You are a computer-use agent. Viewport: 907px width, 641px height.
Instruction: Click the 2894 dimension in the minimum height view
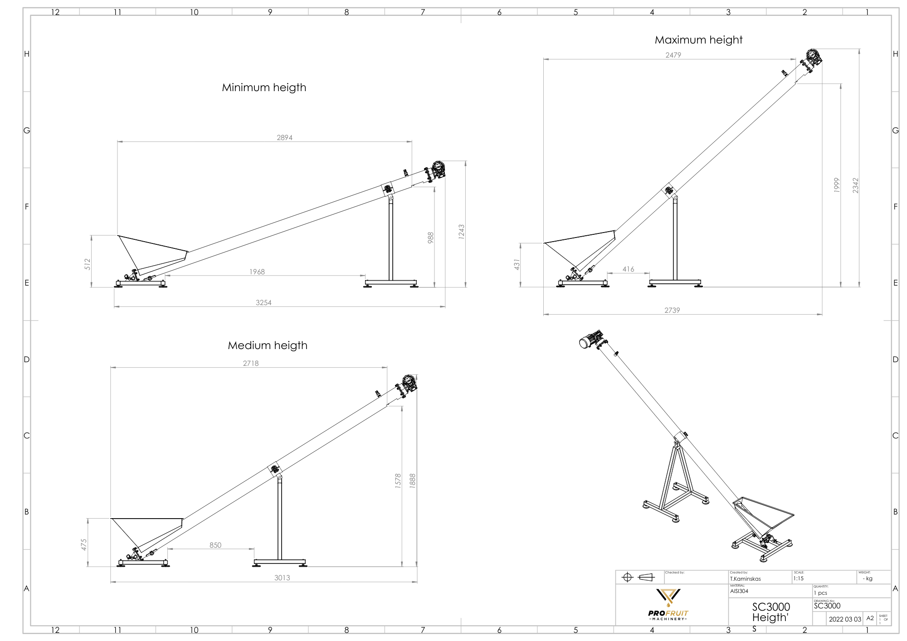[284, 137]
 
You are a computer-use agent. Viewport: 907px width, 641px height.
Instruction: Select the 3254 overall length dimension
[263, 302]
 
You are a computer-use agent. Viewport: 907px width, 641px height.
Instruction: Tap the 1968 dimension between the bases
[257, 272]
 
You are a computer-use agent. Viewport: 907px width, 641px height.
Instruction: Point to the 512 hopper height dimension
[88, 264]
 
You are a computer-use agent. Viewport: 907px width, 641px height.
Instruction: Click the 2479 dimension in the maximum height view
[673, 55]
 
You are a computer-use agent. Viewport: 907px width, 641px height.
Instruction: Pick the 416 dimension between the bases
[628, 269]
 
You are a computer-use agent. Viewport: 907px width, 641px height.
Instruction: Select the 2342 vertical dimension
[855, 185]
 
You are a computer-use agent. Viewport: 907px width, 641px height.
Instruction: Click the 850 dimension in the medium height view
[215, 545]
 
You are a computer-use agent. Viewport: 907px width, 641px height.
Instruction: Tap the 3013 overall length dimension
[282, 578]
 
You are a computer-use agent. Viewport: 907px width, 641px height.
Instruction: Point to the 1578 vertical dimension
[398, 481]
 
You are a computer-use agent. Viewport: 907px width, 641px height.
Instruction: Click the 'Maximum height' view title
[698, 40]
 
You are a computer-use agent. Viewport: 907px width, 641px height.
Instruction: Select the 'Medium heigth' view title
[268, 345]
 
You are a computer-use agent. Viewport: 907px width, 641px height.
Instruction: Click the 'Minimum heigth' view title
[264, 87]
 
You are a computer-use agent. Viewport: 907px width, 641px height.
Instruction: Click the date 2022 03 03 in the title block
[844, 619]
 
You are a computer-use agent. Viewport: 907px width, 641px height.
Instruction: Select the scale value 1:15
[799, 578]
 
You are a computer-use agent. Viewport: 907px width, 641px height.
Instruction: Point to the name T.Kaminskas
[745, 579]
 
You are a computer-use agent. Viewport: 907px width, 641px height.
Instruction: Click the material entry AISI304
[739, 591]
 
